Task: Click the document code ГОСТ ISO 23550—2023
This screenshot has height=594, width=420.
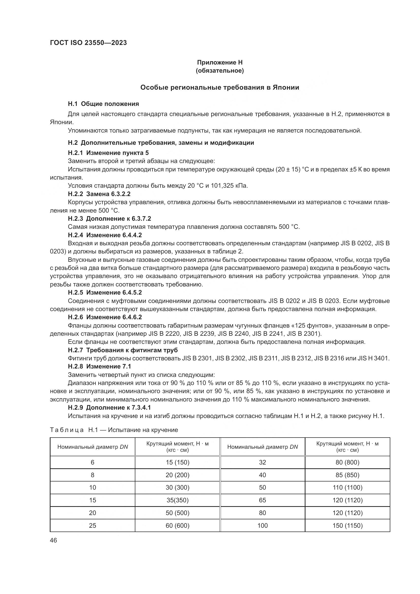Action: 88,43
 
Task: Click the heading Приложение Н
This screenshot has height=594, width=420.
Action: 220,62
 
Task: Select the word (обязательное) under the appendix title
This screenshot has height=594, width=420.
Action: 220,71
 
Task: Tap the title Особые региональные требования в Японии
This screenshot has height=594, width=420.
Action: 220,87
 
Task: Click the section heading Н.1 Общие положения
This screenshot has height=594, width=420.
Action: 103,104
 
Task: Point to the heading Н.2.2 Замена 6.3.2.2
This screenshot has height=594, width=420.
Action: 99,194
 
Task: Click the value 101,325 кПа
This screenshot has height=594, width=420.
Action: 229,186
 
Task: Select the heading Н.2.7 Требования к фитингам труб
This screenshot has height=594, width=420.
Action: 123,350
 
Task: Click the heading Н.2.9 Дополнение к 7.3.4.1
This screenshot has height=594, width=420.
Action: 109,408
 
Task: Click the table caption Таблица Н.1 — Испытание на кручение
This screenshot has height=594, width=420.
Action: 114,430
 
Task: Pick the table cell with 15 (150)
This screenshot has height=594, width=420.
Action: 177,462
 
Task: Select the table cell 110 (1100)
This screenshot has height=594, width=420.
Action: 347,488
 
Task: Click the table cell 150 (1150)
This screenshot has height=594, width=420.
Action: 347,525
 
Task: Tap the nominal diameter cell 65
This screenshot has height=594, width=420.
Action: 262,500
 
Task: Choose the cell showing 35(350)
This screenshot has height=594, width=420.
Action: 177,500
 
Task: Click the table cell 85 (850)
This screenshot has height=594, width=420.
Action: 347,475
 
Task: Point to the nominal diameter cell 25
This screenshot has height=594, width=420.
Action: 92,525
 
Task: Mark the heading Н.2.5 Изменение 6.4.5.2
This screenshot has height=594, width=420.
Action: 105,293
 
